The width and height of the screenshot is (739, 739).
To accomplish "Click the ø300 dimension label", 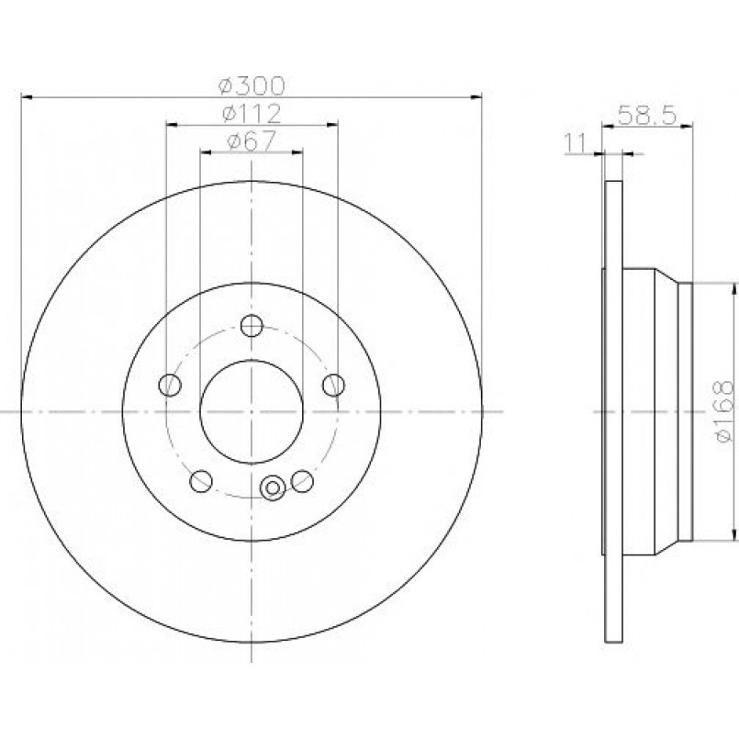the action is [x=252, y=85].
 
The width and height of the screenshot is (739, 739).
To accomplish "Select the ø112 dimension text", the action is [x=252, y=114].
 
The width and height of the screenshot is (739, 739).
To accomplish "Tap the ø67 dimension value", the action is [x=252, y=141].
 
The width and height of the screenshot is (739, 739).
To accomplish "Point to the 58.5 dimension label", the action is [x=647, y=115].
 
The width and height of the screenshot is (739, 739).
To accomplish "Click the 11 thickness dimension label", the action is [x=575, y=143].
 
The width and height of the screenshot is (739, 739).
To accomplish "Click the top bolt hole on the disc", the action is [x=252, y=325].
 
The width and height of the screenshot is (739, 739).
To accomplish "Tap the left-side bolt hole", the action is [x=170, y=385].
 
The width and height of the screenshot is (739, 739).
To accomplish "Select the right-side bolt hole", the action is [x=333, y=385].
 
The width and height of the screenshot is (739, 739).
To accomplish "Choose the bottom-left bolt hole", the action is [x=201, y=480].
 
